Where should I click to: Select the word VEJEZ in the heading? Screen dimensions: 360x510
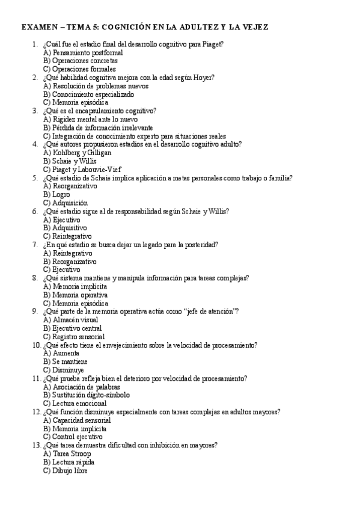[x=254, y=28]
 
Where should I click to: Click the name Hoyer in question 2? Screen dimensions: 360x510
[x=204, y=78]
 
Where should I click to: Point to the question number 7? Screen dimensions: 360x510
[x=34, y=245]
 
